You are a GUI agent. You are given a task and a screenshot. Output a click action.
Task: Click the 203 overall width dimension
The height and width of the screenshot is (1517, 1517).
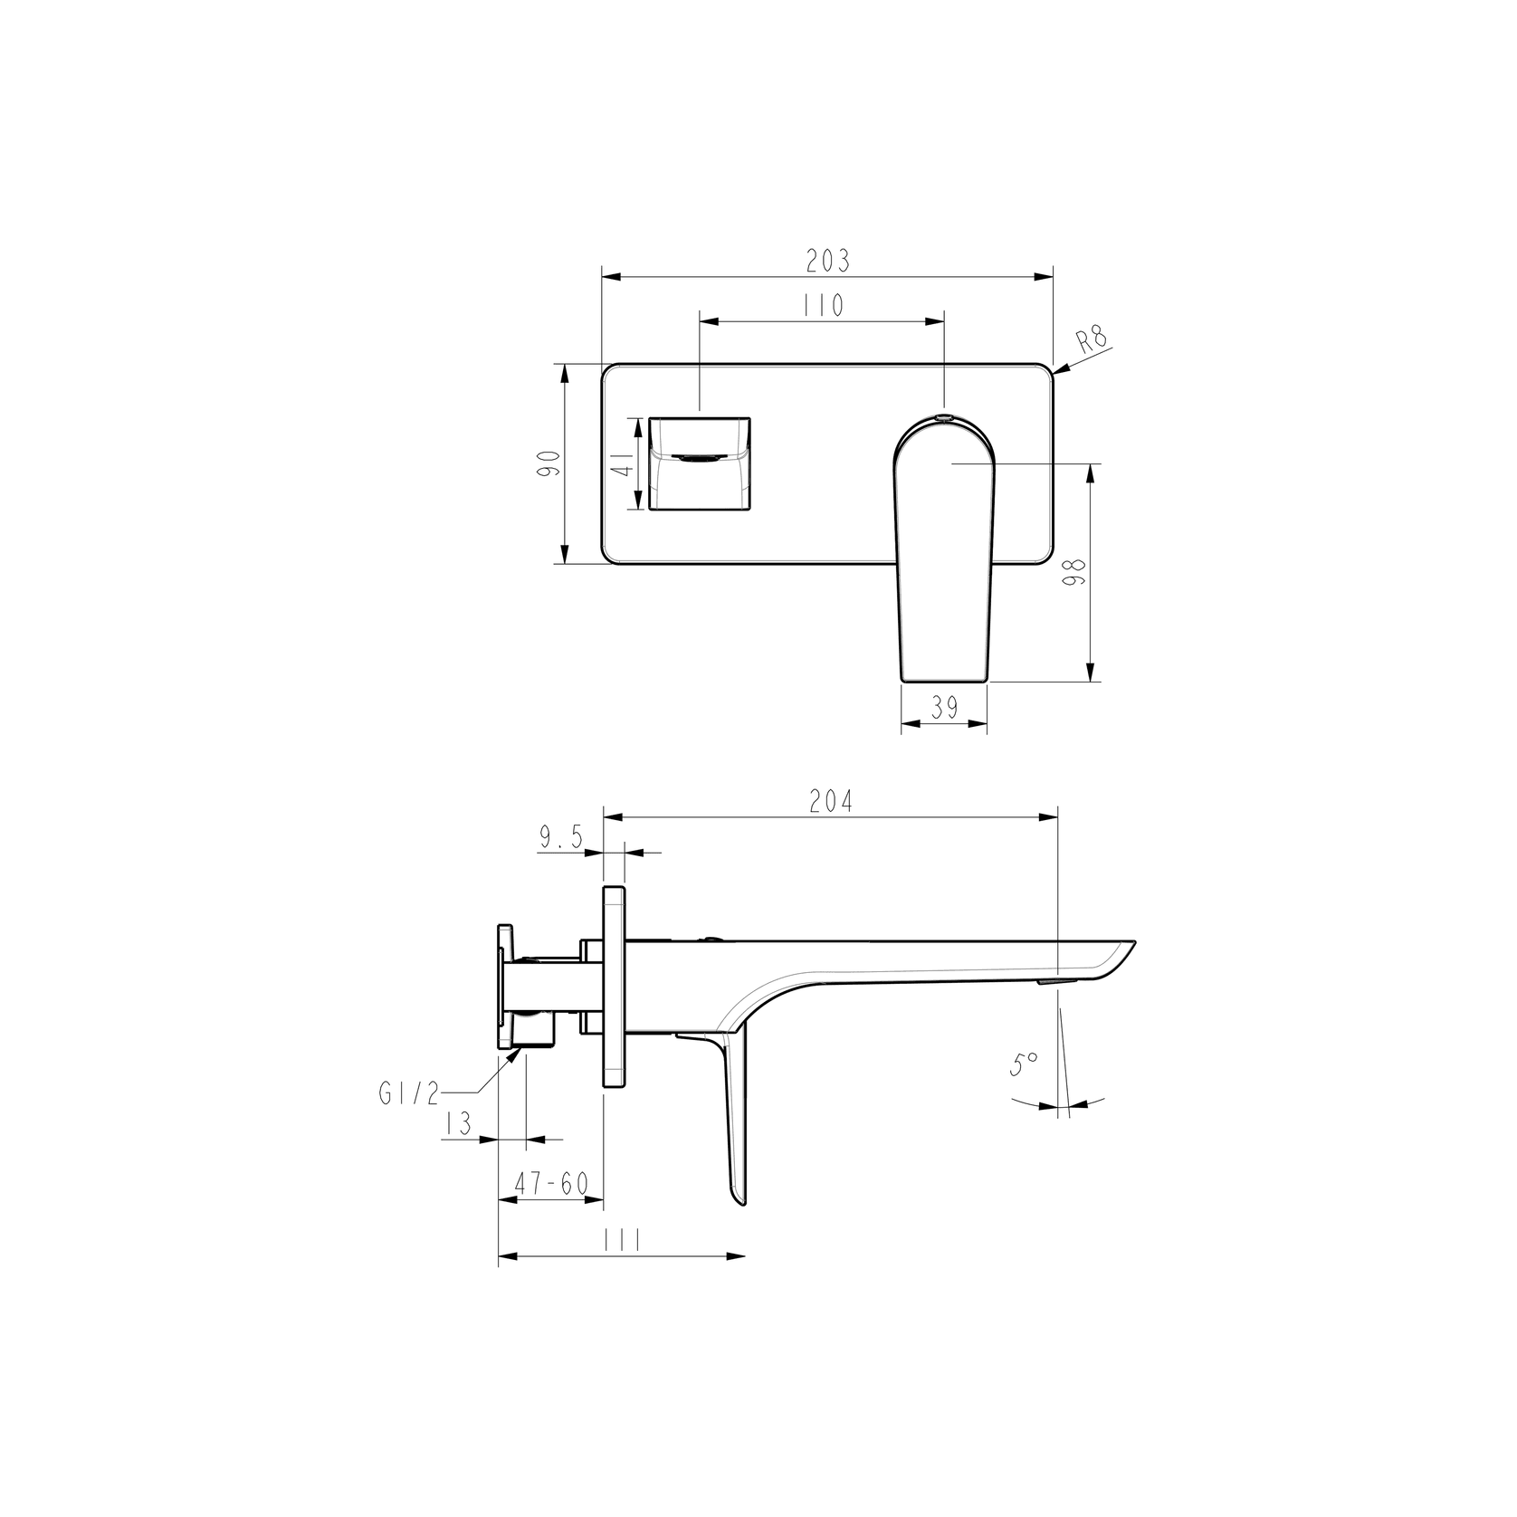coord(827,261)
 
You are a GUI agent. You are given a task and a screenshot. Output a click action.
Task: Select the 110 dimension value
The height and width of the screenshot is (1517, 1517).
coord(823,306)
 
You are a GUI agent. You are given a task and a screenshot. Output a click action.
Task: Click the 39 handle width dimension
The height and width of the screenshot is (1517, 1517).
coord(944,708)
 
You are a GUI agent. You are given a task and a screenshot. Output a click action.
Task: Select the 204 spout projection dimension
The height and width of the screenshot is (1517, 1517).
coord(830,802)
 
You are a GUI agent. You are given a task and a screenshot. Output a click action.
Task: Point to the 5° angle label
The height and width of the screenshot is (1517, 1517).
coord(1024,1064)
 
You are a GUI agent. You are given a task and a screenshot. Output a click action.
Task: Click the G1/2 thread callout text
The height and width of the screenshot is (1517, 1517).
coord(408,1094)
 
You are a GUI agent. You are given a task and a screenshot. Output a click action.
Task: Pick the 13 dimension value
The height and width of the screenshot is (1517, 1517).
coord(459,1125)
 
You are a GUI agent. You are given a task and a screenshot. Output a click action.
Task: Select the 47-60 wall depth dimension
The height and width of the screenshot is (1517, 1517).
coord(550,1184)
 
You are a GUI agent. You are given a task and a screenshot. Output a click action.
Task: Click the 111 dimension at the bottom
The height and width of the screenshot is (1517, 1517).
coord(621,1240)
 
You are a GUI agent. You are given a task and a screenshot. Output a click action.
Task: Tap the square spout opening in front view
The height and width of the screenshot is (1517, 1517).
coord(699,463)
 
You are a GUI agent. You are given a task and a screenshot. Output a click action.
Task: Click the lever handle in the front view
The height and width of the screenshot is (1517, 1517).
coord(944,552)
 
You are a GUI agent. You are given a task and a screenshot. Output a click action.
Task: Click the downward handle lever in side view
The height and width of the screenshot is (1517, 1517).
coord(735,1122)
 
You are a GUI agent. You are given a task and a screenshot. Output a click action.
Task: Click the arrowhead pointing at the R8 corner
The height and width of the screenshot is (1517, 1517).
coord(1059,369)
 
